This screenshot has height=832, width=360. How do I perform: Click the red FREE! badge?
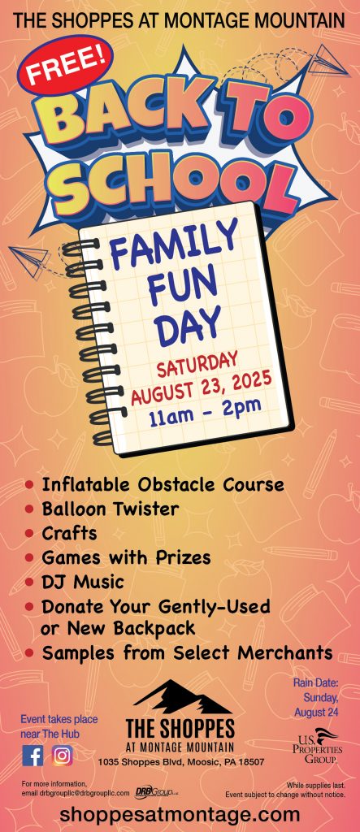65,64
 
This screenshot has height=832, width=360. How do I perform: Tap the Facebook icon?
33,756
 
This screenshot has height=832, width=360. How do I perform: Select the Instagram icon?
63,756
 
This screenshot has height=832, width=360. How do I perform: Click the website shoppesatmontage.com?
180,814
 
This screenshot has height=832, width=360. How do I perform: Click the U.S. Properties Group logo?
318,747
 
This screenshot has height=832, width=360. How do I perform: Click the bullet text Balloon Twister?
111,509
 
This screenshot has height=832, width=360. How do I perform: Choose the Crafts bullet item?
70,533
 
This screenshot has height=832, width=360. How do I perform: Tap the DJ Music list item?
83,582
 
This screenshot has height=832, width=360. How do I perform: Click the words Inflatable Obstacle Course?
163,484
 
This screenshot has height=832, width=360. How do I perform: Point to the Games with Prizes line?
127,557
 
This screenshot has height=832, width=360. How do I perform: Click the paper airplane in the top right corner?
328,62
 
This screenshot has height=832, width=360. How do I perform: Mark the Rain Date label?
315,682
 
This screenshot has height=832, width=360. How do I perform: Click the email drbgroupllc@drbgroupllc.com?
85,793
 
